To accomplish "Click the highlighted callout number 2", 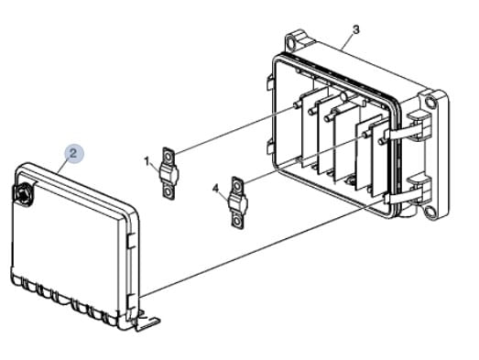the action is (x=73, y=153).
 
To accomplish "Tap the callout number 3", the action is (x=356, y=30).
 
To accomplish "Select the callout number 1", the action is (x=147, y=161).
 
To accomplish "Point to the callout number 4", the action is (x=215, y=189).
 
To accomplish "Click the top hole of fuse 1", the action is (x=169, y=157).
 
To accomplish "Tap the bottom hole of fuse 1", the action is (x=168, y=192).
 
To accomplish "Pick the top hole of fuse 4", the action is (x=237, y=186).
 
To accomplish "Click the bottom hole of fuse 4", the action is (x=237, y=221).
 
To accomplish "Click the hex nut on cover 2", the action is (x=22, y=193).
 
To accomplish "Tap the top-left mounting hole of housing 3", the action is (x=290, y=41).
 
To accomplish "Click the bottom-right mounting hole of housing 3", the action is (x=430, y=211).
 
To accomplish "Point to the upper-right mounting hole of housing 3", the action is (x=430, y=101).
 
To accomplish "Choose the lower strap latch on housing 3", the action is (x=408, y=197).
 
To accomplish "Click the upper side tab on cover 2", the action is (x=131, y=241).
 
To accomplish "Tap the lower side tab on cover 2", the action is (x=131, y=301).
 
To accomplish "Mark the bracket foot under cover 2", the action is (x=147, y=323).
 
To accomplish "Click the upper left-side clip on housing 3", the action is (x=271, y=82).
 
